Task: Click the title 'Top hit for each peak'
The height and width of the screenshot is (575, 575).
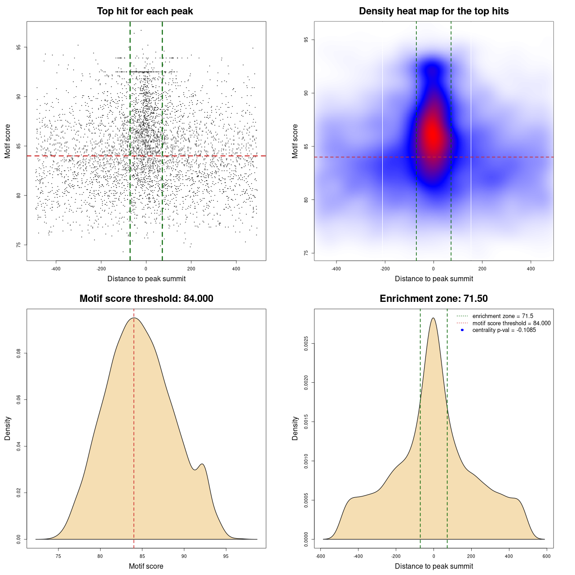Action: pos(145,11)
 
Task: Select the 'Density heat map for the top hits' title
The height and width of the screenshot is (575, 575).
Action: pos(433,11)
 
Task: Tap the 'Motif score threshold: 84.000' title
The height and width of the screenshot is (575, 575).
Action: pos(146,299)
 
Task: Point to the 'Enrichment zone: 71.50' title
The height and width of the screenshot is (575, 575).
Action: pos(433,299)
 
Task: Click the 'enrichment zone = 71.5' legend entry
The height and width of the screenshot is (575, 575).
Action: pos(503,316)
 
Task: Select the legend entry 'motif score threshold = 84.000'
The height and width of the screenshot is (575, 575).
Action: pos(511,323)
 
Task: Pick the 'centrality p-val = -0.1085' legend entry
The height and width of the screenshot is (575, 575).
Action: pos(504,330)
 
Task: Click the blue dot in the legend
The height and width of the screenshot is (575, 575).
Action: pos(462,330)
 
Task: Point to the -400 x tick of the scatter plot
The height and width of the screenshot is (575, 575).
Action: pos(56,269)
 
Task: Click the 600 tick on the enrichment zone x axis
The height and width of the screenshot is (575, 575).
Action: pos(546,556)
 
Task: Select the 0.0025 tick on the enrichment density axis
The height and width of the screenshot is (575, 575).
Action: pos(306,344)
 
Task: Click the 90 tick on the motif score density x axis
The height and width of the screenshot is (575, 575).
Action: pos(184,556)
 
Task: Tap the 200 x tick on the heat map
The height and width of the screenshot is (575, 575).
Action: pos(482,269)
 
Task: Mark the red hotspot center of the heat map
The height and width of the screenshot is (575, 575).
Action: pos(433,134)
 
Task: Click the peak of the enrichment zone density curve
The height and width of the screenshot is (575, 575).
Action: pos(433,318)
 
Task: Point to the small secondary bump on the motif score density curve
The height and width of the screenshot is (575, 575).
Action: pos(203,464)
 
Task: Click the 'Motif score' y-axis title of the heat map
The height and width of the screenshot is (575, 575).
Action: pos(295,141)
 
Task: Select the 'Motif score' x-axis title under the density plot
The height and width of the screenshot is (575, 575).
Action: pos(146,566)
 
